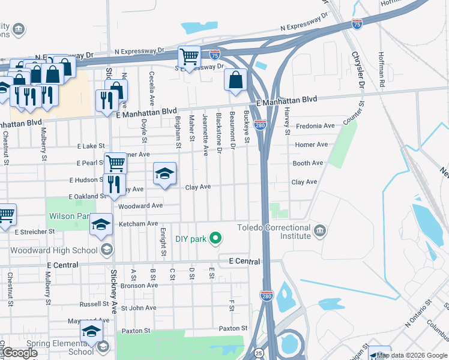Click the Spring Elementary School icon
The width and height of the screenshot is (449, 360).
[x=103, y=347]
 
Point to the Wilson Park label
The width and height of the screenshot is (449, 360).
[x=77, y=216]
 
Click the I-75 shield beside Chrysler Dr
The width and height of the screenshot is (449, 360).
[x=357, y=24]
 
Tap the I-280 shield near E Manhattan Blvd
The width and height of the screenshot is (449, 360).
[x=260, y=125]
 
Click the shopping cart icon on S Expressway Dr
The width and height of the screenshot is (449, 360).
[x=189, y=57]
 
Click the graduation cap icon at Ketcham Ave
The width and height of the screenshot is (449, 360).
[x=101, y=224]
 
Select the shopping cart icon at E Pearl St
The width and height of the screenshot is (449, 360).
[x=115, y=162]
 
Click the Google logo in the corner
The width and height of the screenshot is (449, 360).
[x=19, y=352]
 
